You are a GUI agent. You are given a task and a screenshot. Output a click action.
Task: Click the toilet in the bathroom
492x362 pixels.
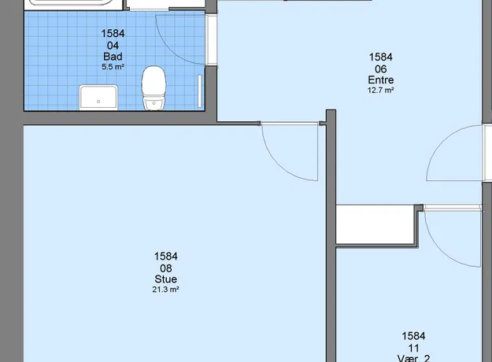click(154, 88)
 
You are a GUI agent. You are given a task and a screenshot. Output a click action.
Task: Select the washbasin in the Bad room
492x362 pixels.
click(98, 98)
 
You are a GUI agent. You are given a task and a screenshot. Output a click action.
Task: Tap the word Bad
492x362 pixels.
click(113, 57)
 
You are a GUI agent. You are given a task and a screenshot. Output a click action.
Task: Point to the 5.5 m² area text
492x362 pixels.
click(113, 67)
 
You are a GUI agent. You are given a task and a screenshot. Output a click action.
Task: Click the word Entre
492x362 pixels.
click(381, 80)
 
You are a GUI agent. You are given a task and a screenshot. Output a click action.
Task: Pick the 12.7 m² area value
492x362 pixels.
click(381, 90)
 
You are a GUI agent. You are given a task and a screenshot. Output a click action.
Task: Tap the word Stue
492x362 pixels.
click(165, 279)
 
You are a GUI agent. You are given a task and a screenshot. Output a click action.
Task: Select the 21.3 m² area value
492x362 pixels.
click(165, 290)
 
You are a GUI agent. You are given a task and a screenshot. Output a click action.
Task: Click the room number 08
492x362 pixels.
click(165, 268)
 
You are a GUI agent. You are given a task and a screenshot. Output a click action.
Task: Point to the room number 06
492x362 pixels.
click(381, 69)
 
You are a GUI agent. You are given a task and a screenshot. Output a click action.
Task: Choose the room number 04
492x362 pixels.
click(113, 46)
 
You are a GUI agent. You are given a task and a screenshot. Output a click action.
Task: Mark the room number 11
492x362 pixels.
click(413, 348)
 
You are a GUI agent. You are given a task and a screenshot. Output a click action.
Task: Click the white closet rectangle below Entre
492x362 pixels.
click(375, 224)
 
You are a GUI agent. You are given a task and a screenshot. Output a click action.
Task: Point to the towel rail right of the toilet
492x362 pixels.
click(200, 91)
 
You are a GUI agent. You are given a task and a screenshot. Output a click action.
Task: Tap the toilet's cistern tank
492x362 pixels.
click(154, 103)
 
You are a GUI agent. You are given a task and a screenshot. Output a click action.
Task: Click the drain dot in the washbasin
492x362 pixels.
click(98, 102)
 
